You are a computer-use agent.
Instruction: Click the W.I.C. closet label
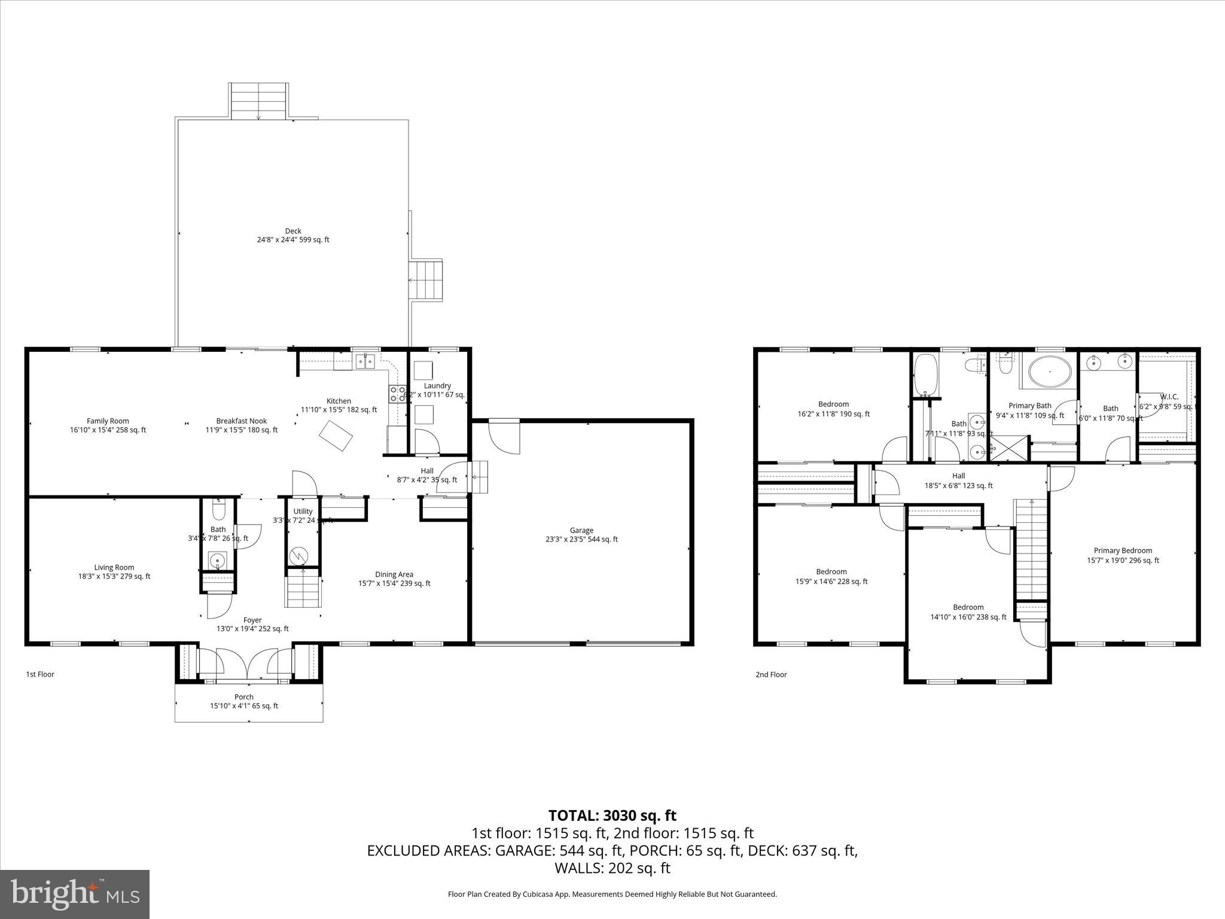[1169, 397]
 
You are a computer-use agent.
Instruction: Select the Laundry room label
[437, 386]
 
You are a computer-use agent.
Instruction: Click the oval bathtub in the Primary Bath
[1050, 371]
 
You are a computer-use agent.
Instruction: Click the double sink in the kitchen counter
[364, 361]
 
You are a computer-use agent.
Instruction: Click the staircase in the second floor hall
[1031, 550]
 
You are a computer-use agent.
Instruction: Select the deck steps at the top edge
[258, 101]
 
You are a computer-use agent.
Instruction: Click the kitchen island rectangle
[336, 436]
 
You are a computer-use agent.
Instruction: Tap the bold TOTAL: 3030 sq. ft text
[612, 815]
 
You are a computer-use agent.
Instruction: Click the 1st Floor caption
[40, 674]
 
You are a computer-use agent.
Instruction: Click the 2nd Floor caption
[771, 674]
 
